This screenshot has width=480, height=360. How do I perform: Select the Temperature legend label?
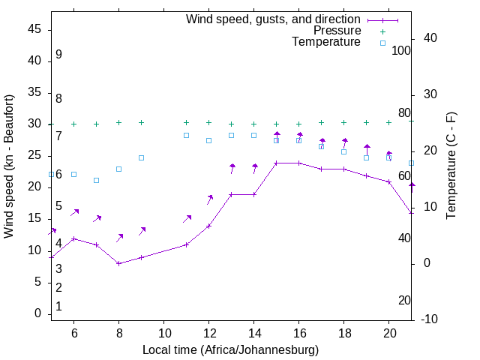tap(326, 42)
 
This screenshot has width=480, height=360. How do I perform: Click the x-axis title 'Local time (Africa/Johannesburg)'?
tap(231, 350)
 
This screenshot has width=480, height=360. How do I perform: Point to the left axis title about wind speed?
tap(10, 166)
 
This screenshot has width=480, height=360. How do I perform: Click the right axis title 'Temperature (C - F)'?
tap(451, 166)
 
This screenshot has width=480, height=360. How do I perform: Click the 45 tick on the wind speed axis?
tap(34, 30)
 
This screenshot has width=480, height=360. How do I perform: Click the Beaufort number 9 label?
tap(58, 55)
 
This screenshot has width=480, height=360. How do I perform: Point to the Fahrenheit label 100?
tap(401, 50)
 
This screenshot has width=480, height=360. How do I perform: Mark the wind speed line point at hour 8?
tap(118, 263)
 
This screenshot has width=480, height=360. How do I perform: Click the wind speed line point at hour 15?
tap(276, 163)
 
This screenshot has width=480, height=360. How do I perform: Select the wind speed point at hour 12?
tap(208, 226)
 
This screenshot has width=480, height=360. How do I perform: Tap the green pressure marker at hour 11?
tap(186, 122)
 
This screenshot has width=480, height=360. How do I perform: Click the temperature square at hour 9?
tap(141, 157)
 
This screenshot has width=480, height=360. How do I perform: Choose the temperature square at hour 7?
tap(96, 180)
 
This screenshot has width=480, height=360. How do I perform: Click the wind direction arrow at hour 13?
tap(232, 168)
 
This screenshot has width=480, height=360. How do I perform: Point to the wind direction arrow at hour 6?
tap(74, 213)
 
